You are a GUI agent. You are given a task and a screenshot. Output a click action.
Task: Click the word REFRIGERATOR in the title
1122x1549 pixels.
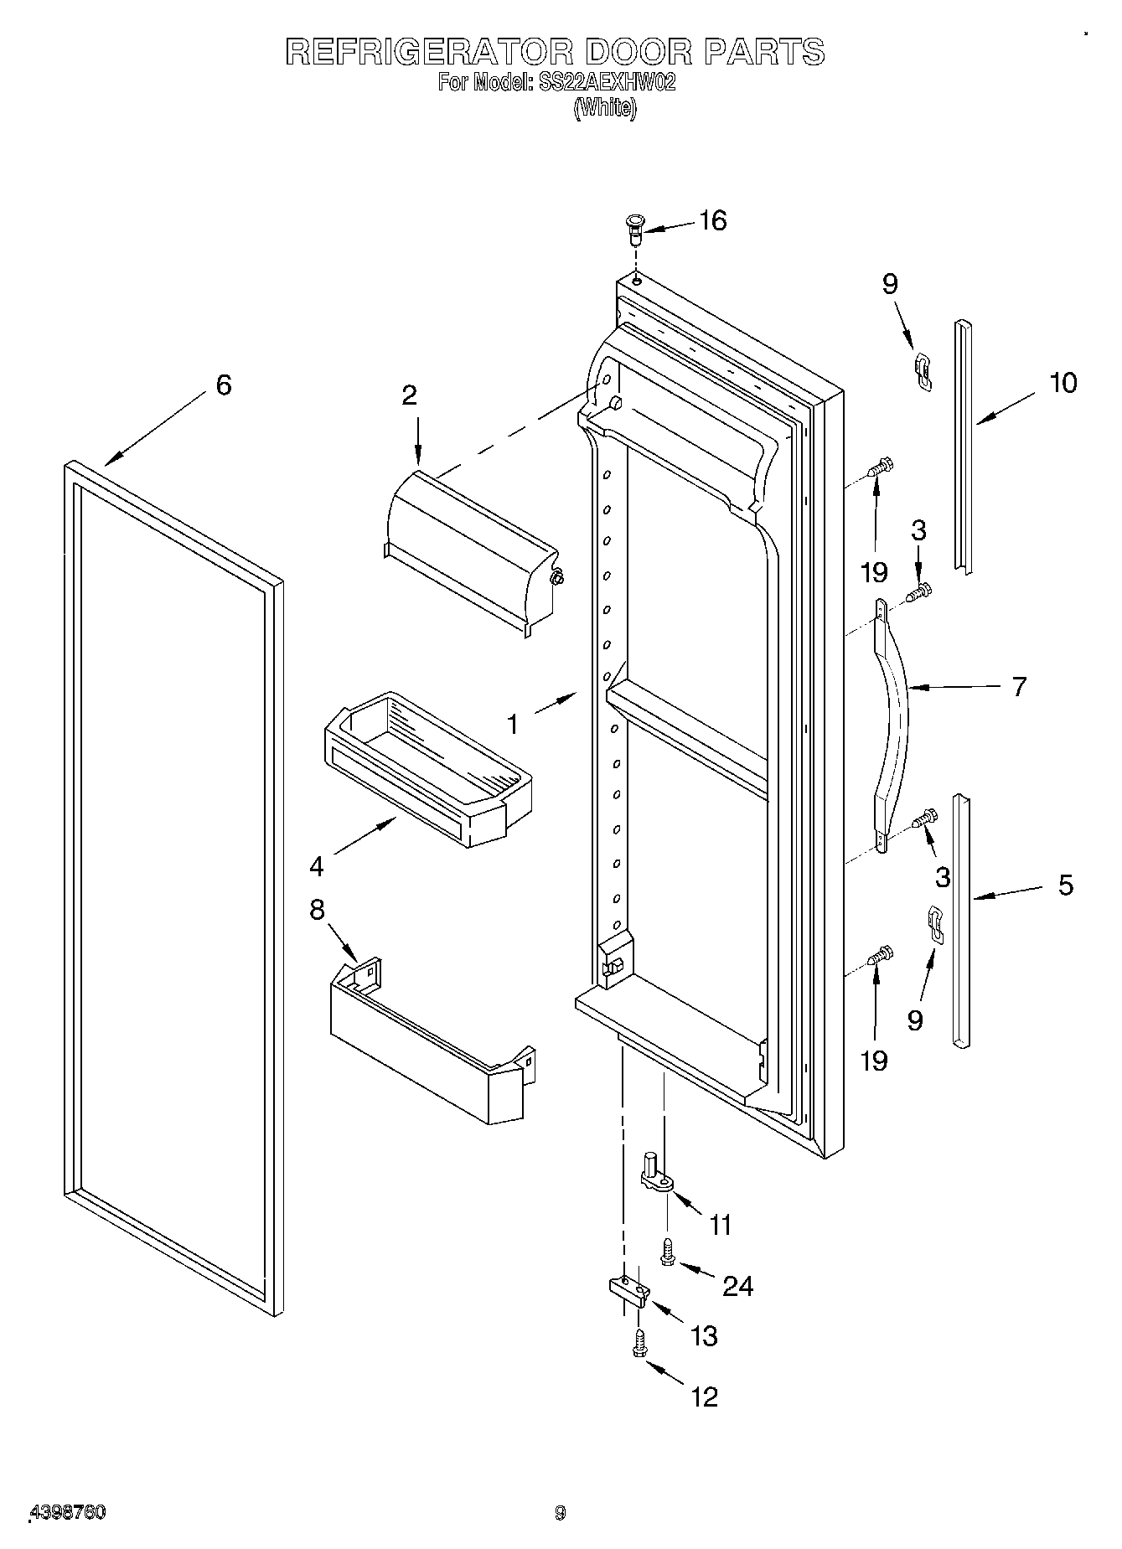point(429,52)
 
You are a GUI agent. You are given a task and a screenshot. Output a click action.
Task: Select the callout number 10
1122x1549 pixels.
point(1063,383)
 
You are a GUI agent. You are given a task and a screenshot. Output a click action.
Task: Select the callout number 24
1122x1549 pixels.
point(737,1285)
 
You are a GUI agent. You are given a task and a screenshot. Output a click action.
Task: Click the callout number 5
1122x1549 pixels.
point(1065,885)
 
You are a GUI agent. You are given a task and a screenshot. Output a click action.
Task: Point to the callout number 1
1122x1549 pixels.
point(513,724)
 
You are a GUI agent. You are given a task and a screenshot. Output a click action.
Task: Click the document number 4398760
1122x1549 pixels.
point(67,1512)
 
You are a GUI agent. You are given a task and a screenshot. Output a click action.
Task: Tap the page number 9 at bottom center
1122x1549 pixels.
point(560,1512)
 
